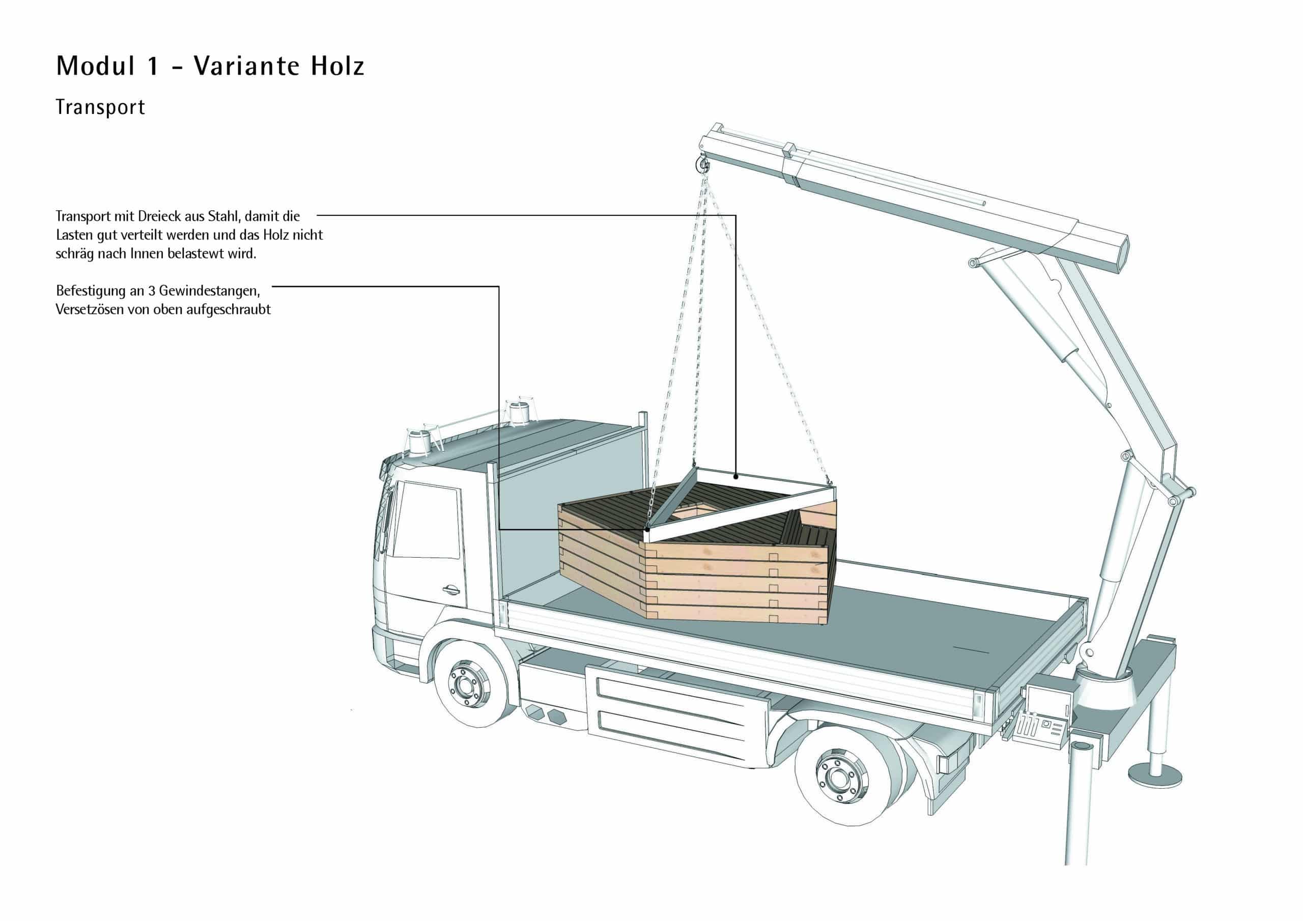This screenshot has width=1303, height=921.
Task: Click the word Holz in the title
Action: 337,66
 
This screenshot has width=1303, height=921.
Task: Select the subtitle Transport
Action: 100,107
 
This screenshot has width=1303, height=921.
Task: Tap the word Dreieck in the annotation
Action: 159,216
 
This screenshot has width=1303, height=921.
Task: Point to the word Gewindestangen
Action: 209,291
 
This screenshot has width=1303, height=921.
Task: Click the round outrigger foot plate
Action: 1155,774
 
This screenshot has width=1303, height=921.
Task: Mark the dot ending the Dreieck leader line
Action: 735,477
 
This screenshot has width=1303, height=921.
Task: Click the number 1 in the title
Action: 153,66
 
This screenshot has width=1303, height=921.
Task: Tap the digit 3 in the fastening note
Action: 152,291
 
